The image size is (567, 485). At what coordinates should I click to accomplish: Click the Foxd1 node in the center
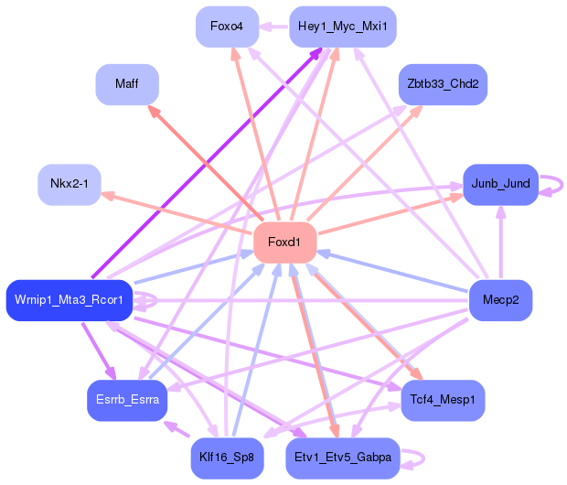click(x=285, y=242)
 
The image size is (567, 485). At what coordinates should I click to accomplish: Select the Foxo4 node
click(x=227, y=27)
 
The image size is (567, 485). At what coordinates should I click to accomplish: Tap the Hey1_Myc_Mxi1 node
click(x=343, y=27)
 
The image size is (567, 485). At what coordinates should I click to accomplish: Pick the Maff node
click(x=127, y=84)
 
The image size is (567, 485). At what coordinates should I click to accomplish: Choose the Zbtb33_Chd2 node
click(x=443, y=84)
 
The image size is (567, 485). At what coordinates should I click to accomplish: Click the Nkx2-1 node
click(x=70, y=185)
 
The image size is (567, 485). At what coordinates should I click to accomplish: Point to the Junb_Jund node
click(x=501, y=185)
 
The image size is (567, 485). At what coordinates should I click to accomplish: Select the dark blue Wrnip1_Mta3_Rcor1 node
click(x=70, y=300)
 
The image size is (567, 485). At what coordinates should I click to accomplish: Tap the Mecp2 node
click(x=501, y=300)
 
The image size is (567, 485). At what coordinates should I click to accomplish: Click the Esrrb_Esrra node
click(x=127, y=400)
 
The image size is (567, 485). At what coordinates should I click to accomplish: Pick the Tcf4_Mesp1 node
click(x=443, y=400)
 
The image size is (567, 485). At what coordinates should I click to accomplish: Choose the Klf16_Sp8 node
click(x=227, y=458)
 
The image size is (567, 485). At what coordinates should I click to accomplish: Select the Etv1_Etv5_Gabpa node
click(x=343, y=458)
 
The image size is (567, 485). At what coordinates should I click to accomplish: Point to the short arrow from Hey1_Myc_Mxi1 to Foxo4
click(x=274, y=27)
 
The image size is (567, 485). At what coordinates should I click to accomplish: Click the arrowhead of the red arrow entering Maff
click(x=154, y=111)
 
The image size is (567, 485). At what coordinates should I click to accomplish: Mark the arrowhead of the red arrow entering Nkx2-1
click(x=108, y=197)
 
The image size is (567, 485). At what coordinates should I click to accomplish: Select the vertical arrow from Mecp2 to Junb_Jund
click(x=501, y=242)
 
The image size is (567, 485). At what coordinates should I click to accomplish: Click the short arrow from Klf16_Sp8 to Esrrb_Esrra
click(x=177, y=429)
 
